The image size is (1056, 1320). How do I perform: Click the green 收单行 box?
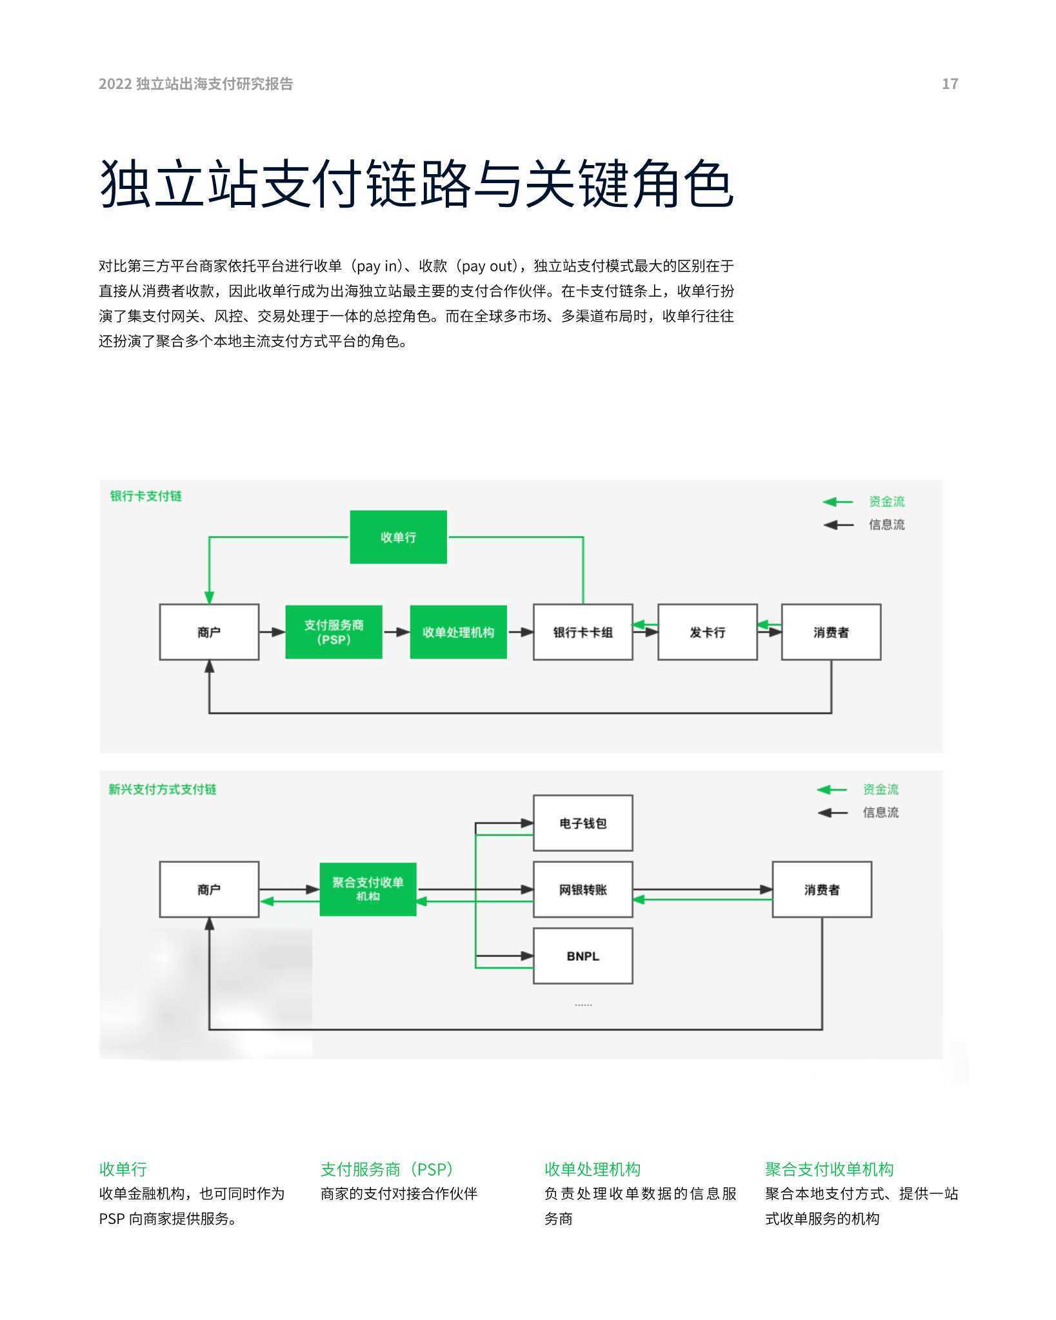tap(398, 537)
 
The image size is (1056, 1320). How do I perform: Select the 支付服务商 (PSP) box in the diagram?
tap(334, 632)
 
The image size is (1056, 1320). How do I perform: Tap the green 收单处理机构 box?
tap(458, 632)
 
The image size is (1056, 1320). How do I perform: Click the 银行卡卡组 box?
tap(583, 632)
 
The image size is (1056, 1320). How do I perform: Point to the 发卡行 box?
tap(707, 632)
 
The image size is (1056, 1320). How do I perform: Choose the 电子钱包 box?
tap(583, 823)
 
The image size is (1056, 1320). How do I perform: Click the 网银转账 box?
tap(583, 889)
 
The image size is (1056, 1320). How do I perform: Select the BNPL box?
tap(583, 956)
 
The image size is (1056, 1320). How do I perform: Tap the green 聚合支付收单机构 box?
tap(368, 889)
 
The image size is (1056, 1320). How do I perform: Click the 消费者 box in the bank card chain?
tap(831, 632)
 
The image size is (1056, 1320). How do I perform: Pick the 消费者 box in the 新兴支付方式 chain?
tap(822, 889)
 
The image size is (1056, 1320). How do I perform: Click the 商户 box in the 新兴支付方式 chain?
tap(209, 889)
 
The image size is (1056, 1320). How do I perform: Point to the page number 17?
tap(950, 84)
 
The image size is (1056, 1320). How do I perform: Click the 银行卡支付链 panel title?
tap(146, 496)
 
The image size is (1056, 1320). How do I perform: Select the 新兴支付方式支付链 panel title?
tap(163, 789)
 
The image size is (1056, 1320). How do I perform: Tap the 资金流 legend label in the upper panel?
tap(886, 502)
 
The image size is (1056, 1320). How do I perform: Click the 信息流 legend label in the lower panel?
tap(881, 813)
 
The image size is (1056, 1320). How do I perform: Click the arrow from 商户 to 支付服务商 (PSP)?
tap(272, 632)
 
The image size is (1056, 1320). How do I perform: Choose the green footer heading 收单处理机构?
tap(592, 1168)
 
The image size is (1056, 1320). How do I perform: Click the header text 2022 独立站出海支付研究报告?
tap(196, 84)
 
